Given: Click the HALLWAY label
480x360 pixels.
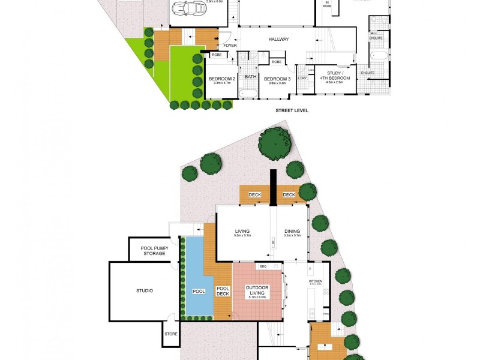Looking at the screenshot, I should [280, 40].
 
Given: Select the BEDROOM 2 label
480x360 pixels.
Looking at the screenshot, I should [221, 79].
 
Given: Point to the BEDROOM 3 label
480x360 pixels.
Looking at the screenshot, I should [277, 79].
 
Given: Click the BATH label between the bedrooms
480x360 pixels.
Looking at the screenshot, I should [250, 77].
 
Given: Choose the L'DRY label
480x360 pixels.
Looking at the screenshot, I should [302, 77].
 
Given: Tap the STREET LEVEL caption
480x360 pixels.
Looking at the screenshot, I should [292, 110].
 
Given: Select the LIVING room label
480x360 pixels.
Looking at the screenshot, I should [242, 231].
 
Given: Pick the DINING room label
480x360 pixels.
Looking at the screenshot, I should [292, 231].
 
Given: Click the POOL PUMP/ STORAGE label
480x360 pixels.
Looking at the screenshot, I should [154, 251].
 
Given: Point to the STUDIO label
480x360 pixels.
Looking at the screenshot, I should [144, 291].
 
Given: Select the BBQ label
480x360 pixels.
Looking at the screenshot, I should [262, 266].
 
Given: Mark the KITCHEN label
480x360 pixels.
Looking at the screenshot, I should [316, 281].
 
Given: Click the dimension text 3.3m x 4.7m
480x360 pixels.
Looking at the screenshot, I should [221, 84].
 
